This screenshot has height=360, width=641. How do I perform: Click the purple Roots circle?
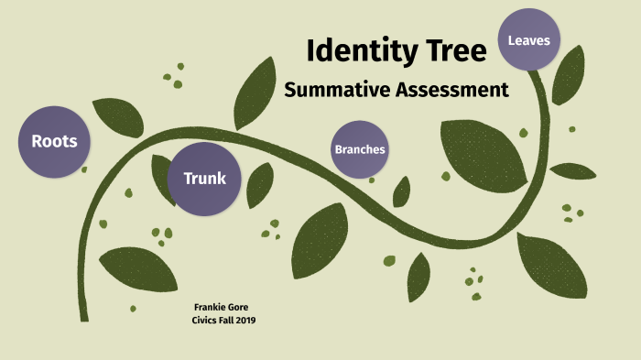click(x=54, y=141)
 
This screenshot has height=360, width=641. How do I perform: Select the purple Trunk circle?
click(x=204, y=178)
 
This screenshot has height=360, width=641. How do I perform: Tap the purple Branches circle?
click(x=359, y=148)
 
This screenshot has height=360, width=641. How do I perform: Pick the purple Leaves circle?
click(x=528, y=40)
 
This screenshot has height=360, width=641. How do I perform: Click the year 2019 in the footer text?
click(x=244, y=319)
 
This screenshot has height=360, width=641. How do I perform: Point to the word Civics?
click(x=204, y=319)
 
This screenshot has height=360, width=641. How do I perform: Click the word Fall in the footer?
click(x=225, y=319)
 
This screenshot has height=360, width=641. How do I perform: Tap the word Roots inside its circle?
click(x=54, y=141)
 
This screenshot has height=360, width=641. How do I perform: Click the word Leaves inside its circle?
click(x=528, y=40)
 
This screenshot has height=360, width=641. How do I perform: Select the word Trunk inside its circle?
click(x=204, y=178)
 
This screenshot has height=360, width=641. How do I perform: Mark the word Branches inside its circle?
click(x=359, y=148)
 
